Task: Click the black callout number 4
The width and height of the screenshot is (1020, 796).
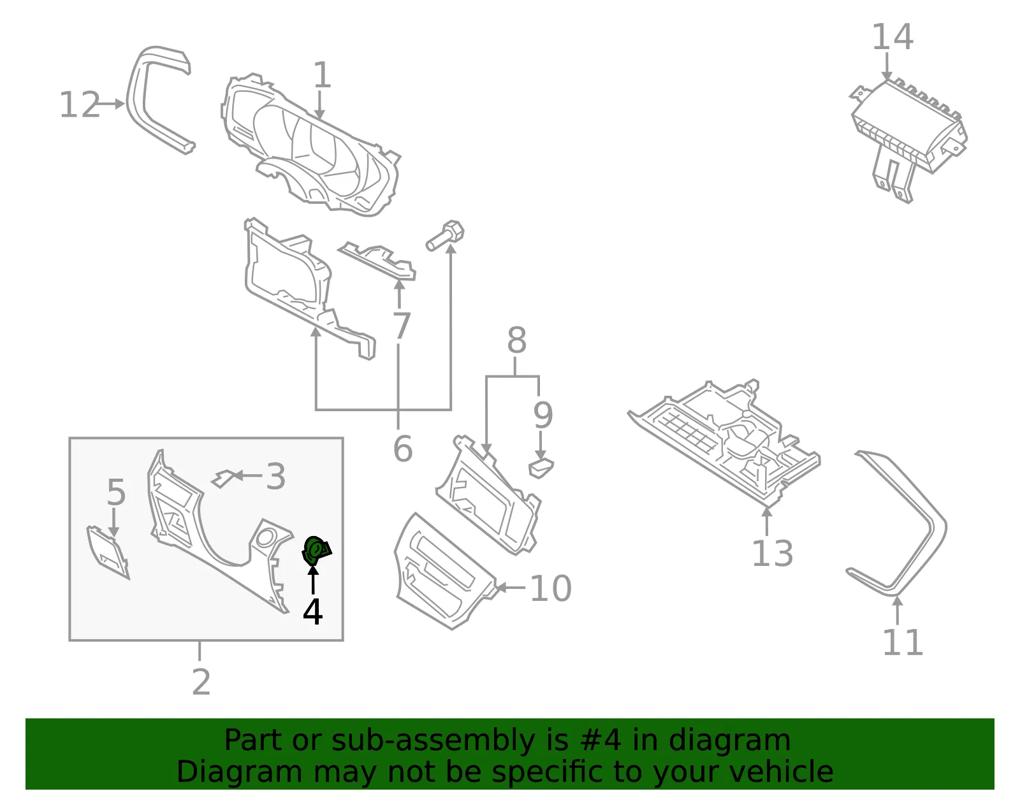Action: (312, 611)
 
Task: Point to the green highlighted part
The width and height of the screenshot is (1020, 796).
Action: (316, 550)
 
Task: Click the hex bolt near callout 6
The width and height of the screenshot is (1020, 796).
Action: (445, 235)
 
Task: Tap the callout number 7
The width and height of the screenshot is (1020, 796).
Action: (402, 326)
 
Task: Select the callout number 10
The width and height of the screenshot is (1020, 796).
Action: (551, 588)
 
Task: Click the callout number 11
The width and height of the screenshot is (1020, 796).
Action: (903, 642)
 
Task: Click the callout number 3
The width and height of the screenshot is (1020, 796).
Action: (276, 476)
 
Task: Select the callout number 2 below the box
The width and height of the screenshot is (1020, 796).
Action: (201, 682)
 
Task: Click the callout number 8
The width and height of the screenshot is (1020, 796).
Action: (516, 340)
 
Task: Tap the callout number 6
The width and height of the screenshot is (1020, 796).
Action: (403, 449)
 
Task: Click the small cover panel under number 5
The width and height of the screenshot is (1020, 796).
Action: (108, 553)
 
